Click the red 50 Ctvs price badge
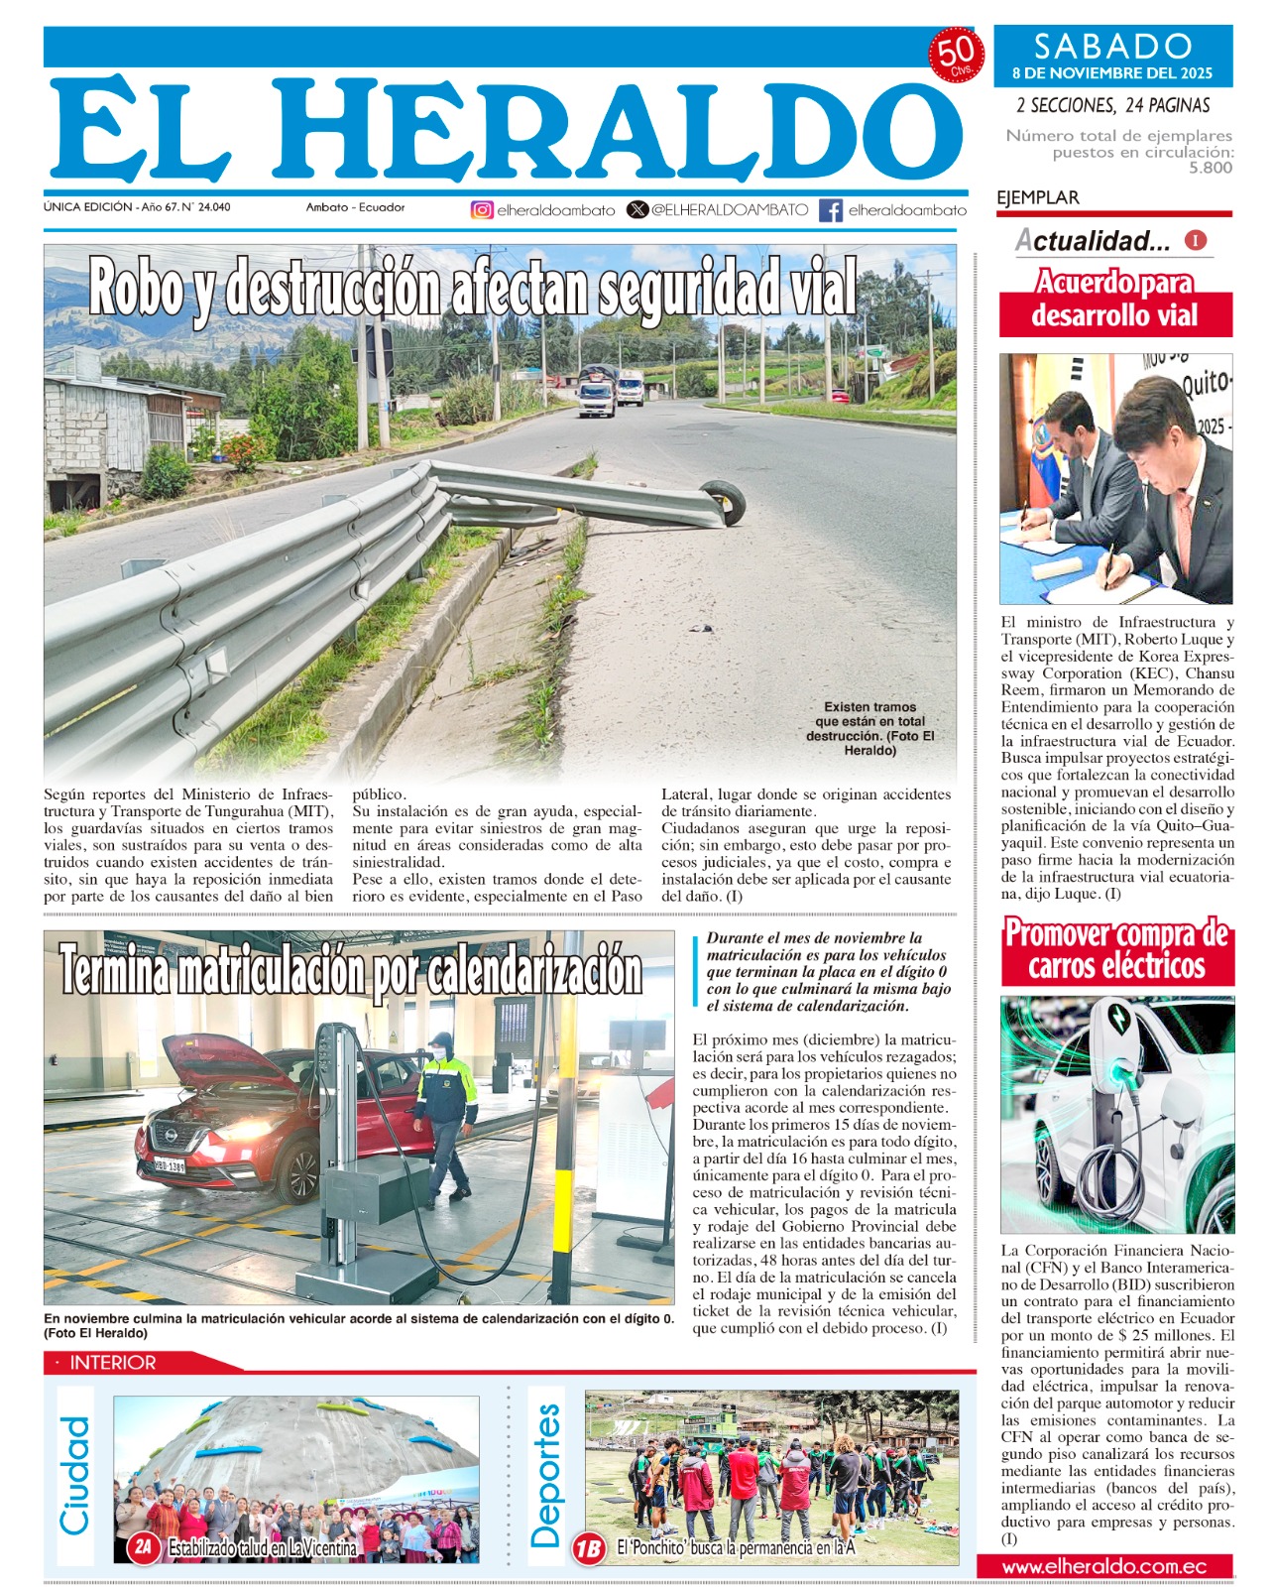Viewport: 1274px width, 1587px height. pos(956,56)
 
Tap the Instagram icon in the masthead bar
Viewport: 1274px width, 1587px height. pos(482,209)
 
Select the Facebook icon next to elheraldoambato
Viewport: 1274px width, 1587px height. pos(831,210)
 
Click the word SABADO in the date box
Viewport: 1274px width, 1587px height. pos(1112,46)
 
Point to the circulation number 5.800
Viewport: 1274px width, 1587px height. pos(1211,168)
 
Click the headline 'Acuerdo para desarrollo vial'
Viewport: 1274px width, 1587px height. pos(1115,300)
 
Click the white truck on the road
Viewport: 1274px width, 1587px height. pos(597,396)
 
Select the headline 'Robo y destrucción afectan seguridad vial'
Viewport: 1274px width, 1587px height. pos(472,290)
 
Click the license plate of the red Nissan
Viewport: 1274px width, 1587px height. pos(170,1165)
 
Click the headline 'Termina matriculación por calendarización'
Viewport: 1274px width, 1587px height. pos(351,969)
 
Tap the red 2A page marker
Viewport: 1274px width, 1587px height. pos(144,1546)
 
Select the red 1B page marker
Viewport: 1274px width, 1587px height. pos(589,1547)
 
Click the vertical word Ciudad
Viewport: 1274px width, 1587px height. pos(75,1475)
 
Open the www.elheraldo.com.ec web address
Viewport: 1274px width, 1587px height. pos(1104,1567)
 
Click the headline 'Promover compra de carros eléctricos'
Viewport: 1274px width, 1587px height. pos(1116,949)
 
